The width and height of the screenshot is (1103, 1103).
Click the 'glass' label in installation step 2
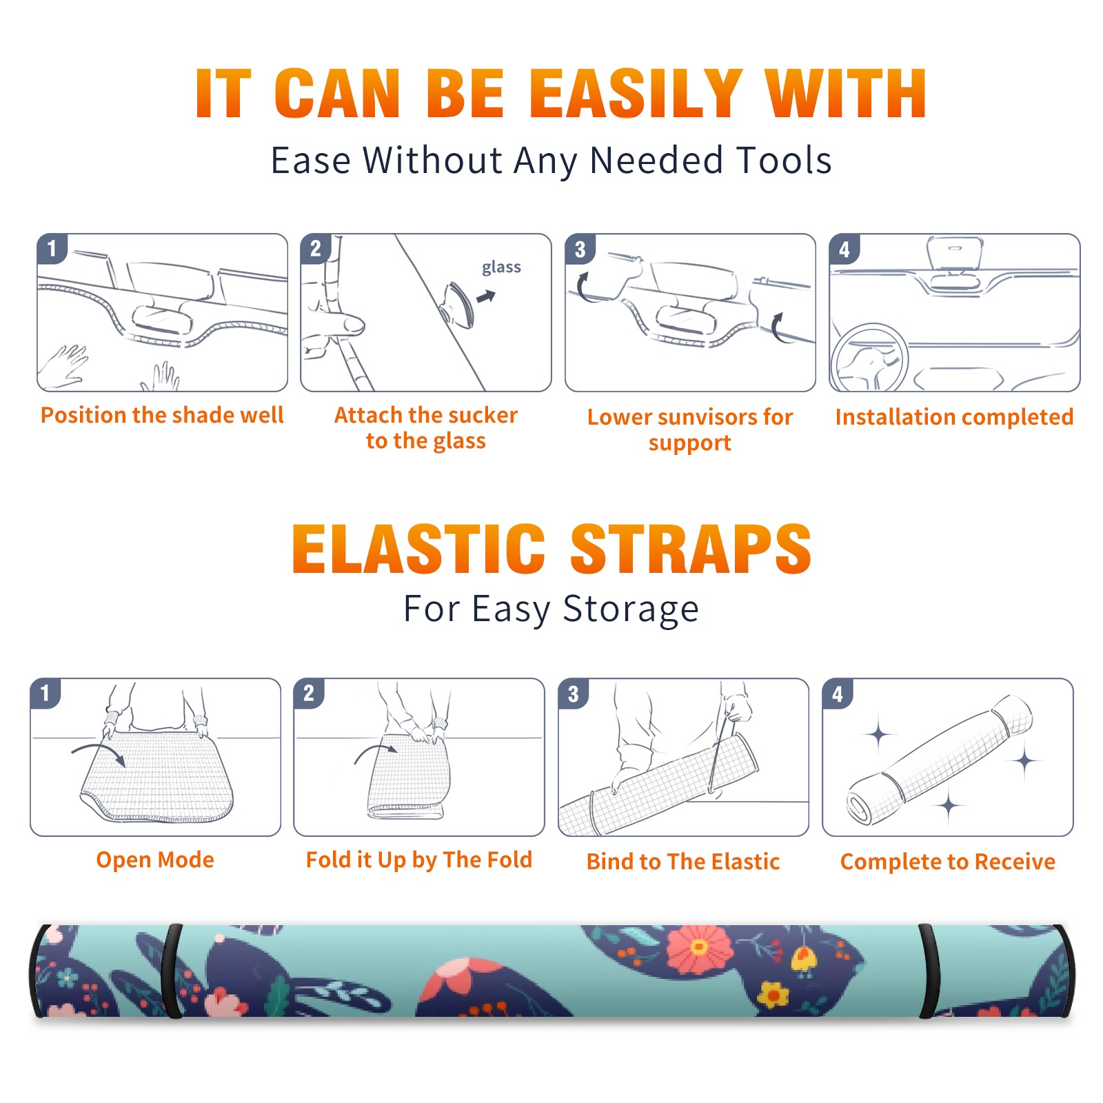(x=501, y=267)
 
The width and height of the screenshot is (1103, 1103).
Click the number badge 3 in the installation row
(x=580, y=249)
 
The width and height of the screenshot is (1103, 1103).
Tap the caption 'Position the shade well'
(x=162, y=415)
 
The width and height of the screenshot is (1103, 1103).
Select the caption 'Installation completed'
(x=954, y=416)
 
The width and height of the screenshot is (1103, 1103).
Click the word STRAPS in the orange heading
(x=691, y=549)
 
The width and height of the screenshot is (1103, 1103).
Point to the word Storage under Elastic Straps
(x=631, y=610)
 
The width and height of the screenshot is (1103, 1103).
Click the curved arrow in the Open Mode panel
(x=99, y=751)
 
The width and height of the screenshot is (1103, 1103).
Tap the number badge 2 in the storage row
(x=308, y=693)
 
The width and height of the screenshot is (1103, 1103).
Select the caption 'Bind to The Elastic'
(x=682, y=861)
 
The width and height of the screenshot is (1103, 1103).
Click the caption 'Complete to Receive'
(x=947, y=861)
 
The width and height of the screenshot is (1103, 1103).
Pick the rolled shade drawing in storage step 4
(x=940, y=759)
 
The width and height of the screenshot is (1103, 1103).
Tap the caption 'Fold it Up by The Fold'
(x=418, y=860)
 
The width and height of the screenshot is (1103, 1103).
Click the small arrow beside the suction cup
(x=486, y=297)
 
